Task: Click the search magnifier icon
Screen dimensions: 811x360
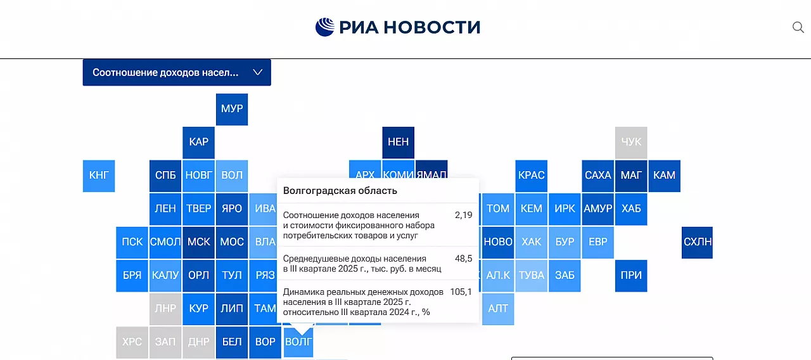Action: click(798, 27)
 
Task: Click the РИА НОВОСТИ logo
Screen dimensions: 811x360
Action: click(397, 27)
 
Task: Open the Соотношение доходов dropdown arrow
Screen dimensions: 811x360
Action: click(257, 72)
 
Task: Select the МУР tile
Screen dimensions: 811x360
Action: click(232, 110)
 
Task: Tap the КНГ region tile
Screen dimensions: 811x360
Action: click(99, 176)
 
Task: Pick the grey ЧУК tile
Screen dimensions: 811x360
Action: click(631, 143)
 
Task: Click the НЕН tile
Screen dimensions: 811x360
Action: click(399, 143)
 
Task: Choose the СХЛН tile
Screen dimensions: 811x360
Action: click(697, 243)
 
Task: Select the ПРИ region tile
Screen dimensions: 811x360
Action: click(631, 276)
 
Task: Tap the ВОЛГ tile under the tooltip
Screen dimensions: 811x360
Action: click(298, 342)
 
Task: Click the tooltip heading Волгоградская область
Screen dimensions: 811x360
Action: click(340, 191)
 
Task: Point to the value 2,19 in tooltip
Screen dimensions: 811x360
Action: click(463, 215)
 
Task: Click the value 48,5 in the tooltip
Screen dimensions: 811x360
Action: click(463, 259)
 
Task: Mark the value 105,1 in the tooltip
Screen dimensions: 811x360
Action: click(461, 292)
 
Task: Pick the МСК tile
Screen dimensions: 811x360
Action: click(198, 243)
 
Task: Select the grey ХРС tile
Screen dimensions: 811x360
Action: click(132, 342)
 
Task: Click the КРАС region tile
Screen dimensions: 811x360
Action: click(531, 176)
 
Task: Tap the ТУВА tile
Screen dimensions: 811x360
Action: click(531, 276)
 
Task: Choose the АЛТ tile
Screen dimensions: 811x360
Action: click(498, 309)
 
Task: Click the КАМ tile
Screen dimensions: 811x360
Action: click(665, 176)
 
